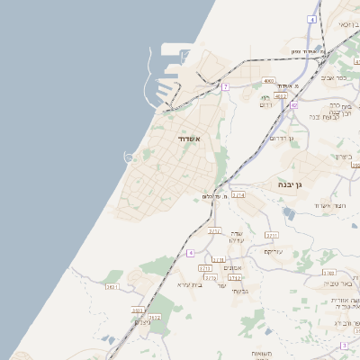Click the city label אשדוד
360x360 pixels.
(x=184, y=139)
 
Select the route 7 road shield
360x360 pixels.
(x=226, y=87)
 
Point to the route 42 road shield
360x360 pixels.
(x=293, y=105)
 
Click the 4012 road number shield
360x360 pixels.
(x=281, y=95)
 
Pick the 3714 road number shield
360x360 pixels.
(x=238, y=194)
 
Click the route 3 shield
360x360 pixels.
(x=344, y=345)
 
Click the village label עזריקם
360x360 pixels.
(x=274, y=251)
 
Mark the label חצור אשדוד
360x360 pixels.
(x=329, y=206)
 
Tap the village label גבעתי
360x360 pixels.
(x=239, y=291)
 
